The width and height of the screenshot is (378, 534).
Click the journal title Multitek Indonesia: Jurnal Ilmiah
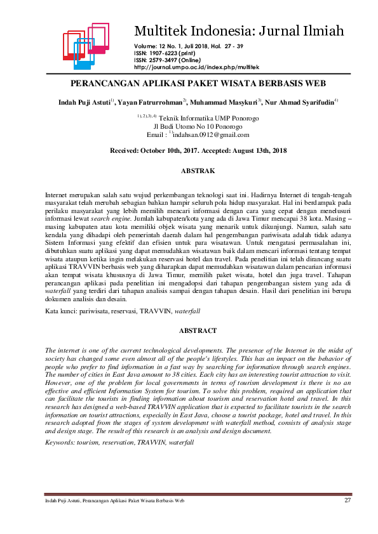[x=239, y=30]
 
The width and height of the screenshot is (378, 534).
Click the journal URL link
[x=196, y=67]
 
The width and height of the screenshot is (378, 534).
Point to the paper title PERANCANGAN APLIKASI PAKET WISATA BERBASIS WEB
[x=198, y=83]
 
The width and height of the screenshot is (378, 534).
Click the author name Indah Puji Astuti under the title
[x=84, y=101]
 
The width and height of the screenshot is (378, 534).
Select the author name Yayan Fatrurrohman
[x=151, y=101]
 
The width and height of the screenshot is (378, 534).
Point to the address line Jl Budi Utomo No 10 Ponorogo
[x=198, y=126]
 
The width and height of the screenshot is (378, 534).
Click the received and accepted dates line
[x=198, y=151]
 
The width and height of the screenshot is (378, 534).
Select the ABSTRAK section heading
[x=198, y=171]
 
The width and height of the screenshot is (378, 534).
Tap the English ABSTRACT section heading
[x=198, y=330]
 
